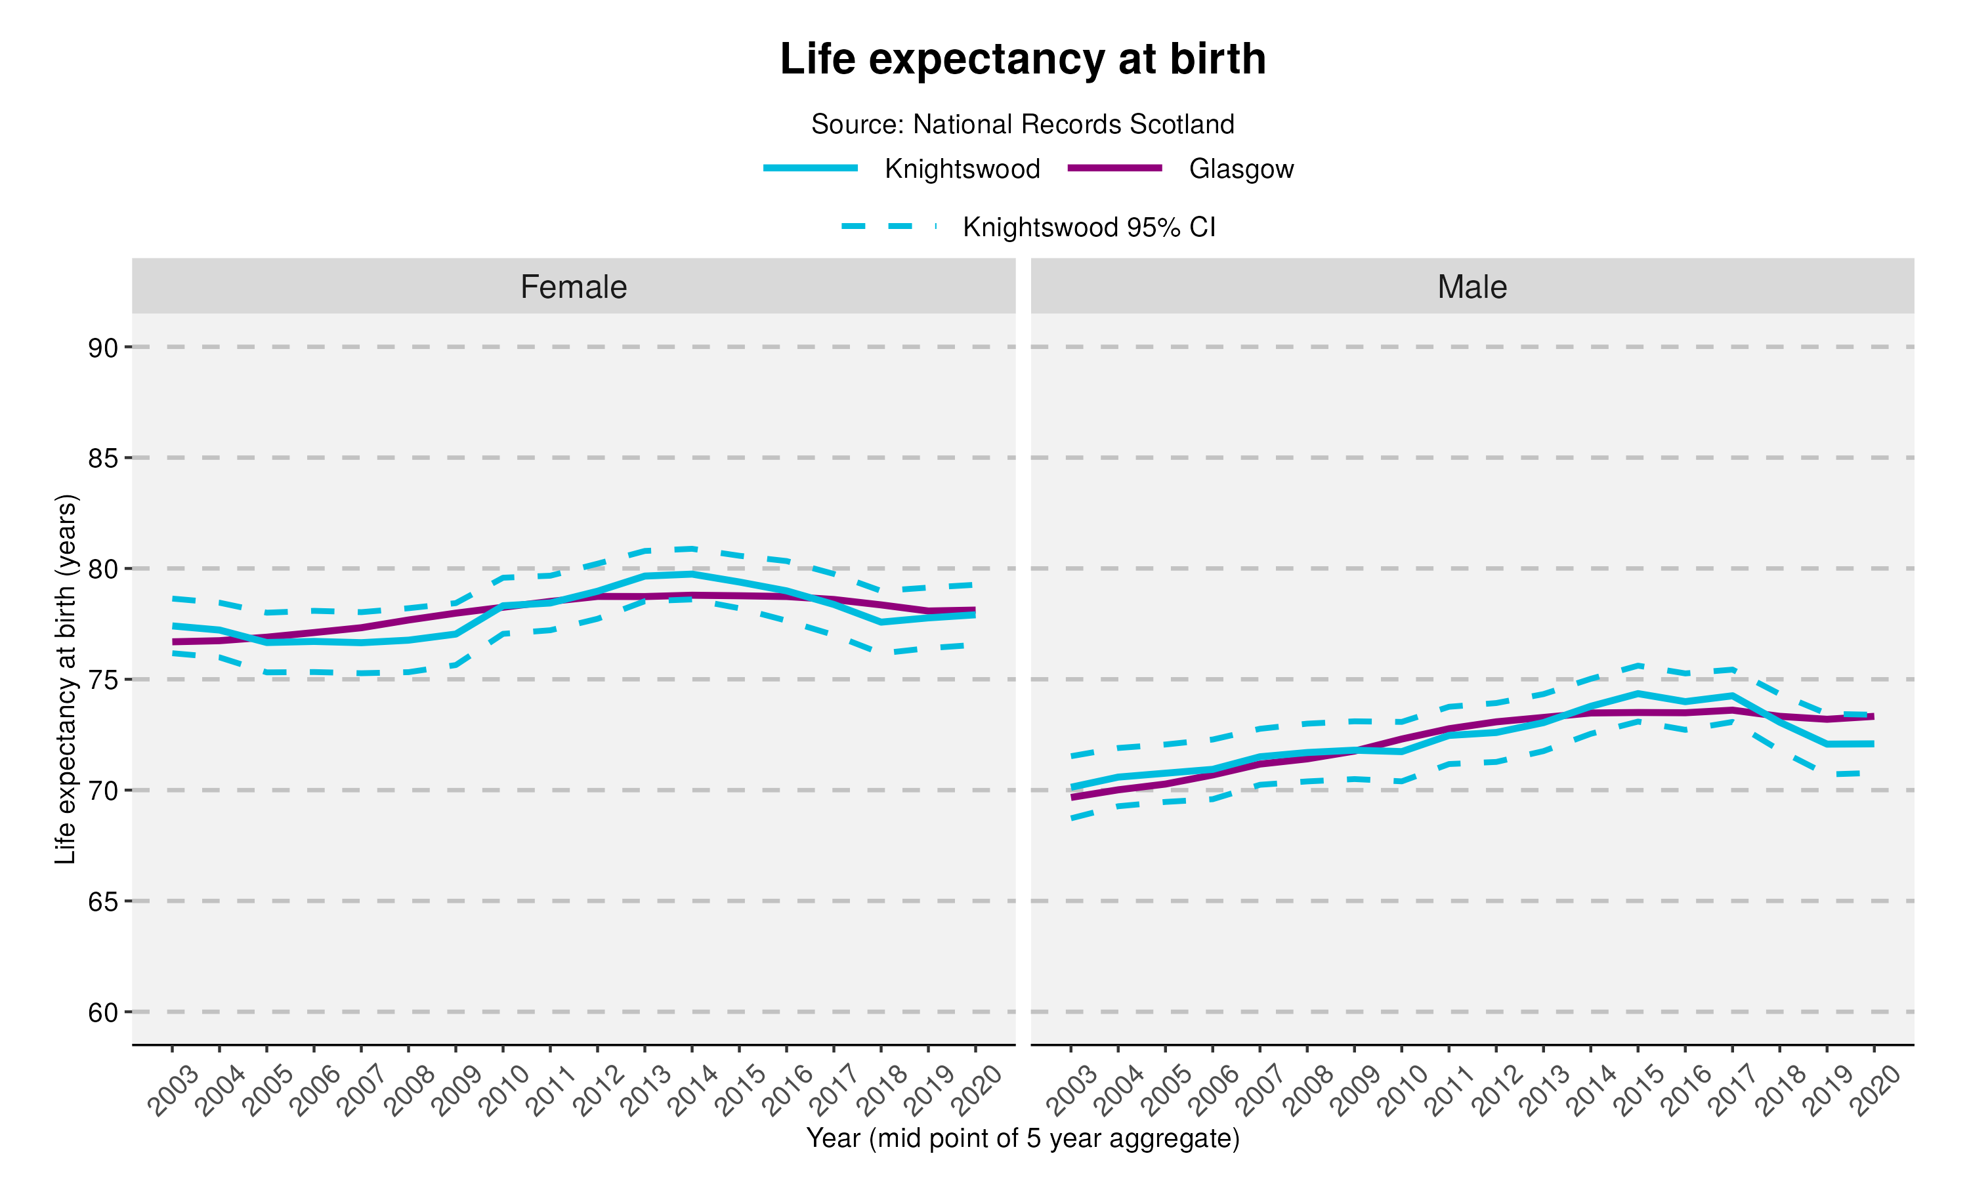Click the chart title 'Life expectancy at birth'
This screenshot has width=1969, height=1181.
1022,59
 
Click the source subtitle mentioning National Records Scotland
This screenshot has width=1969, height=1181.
1022,124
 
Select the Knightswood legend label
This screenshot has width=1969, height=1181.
962,169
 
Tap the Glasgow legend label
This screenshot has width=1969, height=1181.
1240,169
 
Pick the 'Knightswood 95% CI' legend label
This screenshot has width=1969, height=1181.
1089,228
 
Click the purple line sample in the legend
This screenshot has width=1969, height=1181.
1114,168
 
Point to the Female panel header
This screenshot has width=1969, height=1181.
573,287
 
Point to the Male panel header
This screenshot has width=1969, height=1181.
1471,287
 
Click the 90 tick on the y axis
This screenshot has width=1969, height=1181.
102,348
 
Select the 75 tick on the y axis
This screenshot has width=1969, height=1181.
102,680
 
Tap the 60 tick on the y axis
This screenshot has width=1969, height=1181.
102,1012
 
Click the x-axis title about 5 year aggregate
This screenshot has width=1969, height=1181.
1022,1138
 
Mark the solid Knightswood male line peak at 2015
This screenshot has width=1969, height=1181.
1638,693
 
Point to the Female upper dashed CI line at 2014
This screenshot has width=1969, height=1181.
692,549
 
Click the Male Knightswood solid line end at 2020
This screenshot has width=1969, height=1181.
1873,744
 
